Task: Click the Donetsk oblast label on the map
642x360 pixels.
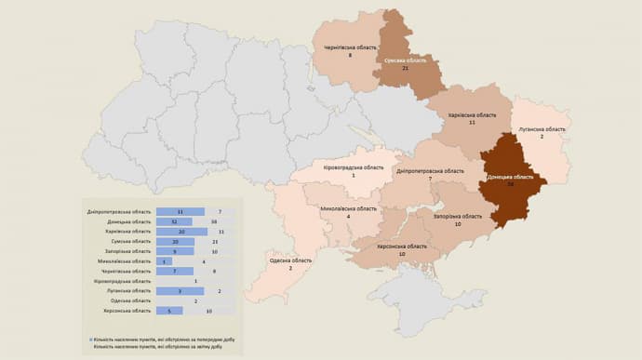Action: point(510,176)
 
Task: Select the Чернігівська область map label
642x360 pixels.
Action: point(349,47)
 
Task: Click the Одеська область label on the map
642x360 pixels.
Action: point(290,260)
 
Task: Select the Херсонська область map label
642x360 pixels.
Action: point(402,247)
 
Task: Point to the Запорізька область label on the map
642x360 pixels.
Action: point(457,216)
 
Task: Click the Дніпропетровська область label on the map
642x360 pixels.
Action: point(430,170)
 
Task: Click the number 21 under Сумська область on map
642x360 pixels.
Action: point(406,68)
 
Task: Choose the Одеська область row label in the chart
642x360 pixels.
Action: point(133,300)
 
